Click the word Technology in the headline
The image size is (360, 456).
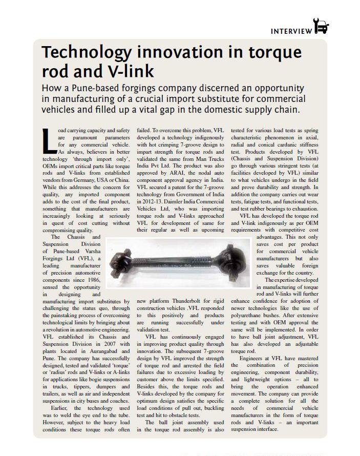coord(85,53)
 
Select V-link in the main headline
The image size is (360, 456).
coord(132,70)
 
